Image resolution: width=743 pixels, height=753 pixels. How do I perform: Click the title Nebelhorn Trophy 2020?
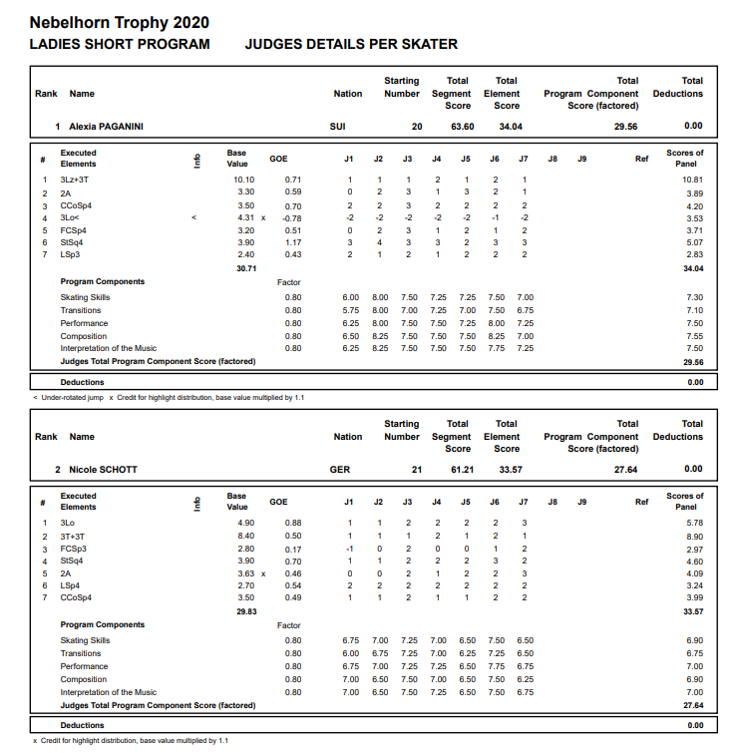coord(120,22)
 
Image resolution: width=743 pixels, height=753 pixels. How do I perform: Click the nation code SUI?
coord(338,127)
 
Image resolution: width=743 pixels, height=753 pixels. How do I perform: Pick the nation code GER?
coord(339,469)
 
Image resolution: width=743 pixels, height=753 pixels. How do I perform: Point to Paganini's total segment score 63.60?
coord(462,127)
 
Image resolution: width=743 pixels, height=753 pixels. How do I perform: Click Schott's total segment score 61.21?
coord(462,469)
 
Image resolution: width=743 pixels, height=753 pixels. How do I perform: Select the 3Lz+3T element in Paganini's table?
coord(74,180)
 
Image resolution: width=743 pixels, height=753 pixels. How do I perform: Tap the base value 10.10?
coord(243,180)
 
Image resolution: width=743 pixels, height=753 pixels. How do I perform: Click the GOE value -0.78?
coord(291,217)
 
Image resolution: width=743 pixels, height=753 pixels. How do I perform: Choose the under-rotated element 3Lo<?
coord(69,217)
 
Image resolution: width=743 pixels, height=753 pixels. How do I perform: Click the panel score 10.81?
coord(692,180)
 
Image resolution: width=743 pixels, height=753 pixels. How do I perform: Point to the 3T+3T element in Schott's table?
coord(73,536)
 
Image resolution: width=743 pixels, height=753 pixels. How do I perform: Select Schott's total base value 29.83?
coord(246,611)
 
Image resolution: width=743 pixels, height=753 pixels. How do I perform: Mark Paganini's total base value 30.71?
coord(246,268)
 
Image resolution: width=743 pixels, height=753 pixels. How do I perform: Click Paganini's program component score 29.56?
coord(625,127)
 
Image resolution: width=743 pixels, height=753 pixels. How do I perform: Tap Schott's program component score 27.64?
coord(625,469)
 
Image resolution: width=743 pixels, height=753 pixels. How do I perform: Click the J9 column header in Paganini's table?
coord(581,159)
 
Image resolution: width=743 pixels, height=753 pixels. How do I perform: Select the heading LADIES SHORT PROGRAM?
coord(120,44)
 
